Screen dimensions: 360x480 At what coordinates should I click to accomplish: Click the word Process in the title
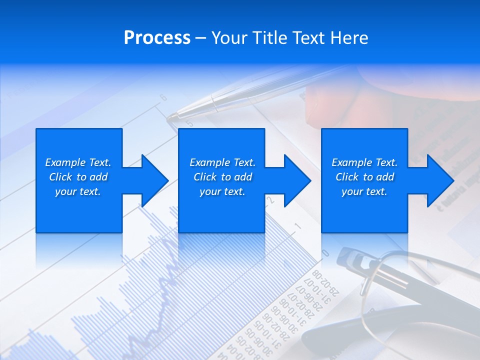coord(157,37)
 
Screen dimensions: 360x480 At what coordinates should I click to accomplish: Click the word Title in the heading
coord(269,37)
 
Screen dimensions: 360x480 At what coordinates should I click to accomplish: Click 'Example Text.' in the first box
coord(78,162)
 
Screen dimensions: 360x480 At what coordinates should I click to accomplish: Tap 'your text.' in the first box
coord(78,191)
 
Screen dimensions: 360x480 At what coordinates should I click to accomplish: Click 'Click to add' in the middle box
coord(222,177)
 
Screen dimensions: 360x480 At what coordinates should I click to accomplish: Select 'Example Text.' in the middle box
coord(222,162)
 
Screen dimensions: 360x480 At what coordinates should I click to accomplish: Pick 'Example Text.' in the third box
coord(364,162)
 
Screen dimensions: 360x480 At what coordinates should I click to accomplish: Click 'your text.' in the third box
coord(364,191)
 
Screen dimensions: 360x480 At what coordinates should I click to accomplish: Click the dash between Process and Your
coord(200,38)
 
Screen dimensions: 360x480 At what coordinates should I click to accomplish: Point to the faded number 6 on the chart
coord(163,97)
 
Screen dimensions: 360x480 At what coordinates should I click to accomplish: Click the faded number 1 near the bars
coord(297,226)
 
